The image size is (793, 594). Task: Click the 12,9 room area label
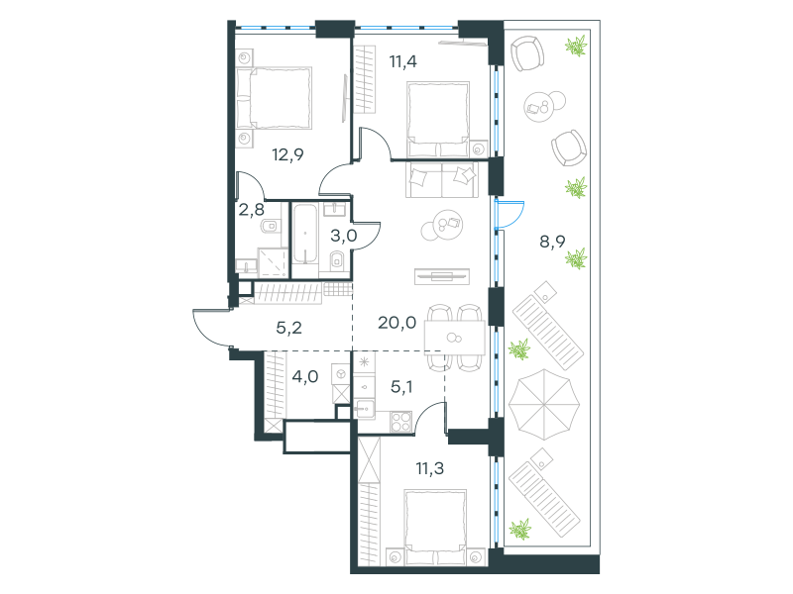(287, 154)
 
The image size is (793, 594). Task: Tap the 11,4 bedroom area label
(403, 61)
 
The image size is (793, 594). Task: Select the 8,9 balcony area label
(552, 242)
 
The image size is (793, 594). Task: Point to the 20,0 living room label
(397, 323)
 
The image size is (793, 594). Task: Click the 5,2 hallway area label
(288, 328)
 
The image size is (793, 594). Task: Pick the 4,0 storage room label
(305, 376)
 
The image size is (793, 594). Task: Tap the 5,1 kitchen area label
(401, 387)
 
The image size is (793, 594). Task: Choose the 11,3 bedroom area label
(430, 468)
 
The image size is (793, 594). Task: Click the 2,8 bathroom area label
(252, 209)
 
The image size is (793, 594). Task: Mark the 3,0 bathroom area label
(344, 236)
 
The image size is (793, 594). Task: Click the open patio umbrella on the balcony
(543, 404)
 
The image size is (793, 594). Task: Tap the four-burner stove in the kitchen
(401, 422)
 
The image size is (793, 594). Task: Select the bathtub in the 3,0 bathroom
(305, 234)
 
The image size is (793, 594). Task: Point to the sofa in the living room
(441, 179)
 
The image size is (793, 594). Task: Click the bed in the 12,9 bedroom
(274, 97)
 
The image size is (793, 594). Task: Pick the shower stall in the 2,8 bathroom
(274, 262)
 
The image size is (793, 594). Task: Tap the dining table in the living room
(455, 338)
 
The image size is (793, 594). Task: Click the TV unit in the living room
(442, 276)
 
